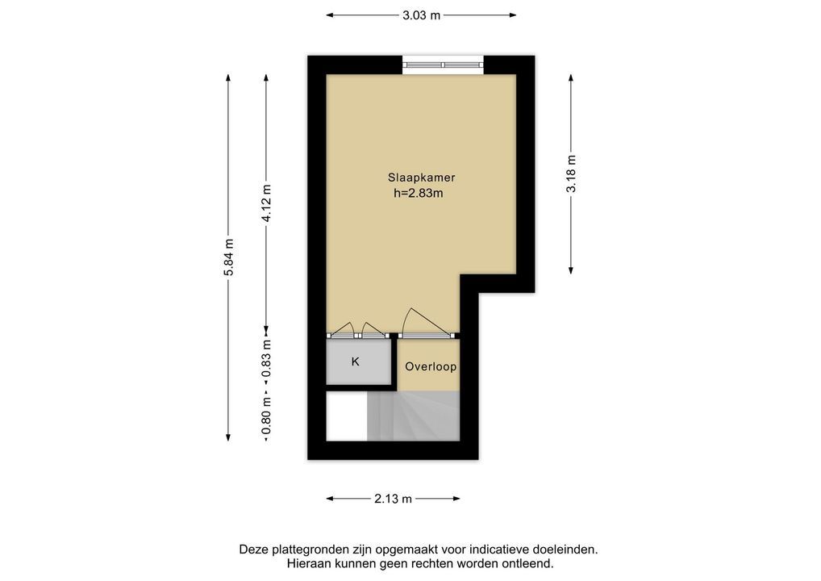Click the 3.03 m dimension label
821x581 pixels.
(x=421, y=15)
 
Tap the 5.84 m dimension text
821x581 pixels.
(x=228, y=257)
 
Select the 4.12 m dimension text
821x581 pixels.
(x=266, y=203)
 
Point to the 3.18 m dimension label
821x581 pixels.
(x=571, y=174)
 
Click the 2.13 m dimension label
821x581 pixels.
(x=394, y=499)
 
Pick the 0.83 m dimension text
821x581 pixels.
(x=266, y=358)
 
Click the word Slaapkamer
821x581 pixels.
(x=421, y=178)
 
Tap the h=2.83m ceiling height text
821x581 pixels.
(x=419, y=194)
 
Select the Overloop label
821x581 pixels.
(x=431, y=366)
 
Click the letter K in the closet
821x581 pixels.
(x=356, y=362)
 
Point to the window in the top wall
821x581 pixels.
(x=443, y=65)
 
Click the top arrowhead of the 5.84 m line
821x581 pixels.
(x=228, y=77)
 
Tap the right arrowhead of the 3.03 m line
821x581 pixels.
(x=513, y=15)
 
